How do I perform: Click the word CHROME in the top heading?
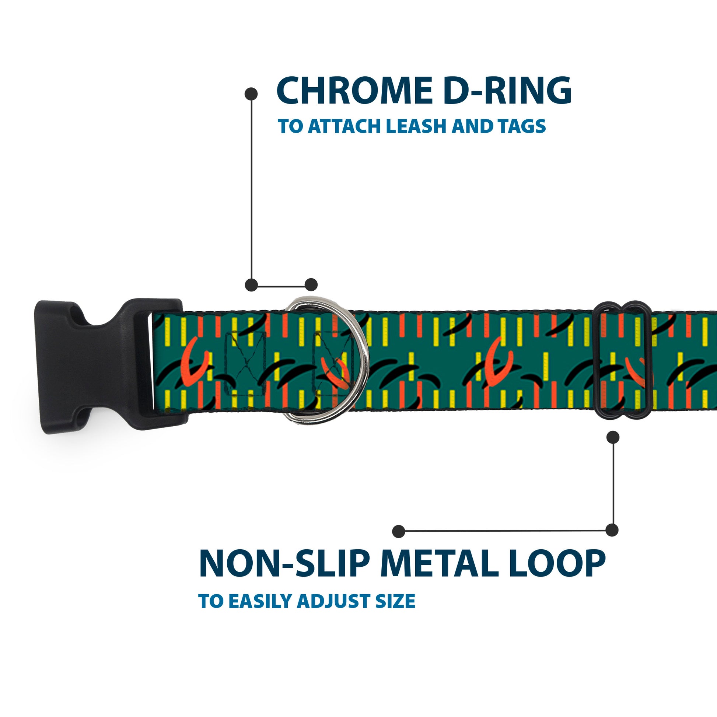coord(354,91)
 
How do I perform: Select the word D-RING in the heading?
coord(507,91)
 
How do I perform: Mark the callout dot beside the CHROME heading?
coord(251,94)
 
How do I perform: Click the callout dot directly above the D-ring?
coord(311,285)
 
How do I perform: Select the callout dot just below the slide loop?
coord(613,438)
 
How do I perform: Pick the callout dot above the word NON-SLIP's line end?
coord(398,531)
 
